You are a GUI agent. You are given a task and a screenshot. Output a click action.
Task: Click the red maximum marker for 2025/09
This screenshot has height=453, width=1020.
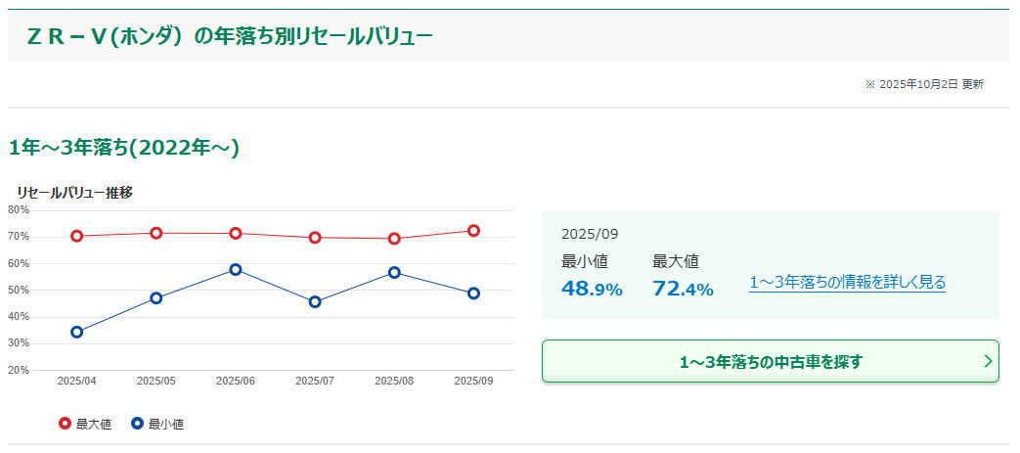click(473, 231)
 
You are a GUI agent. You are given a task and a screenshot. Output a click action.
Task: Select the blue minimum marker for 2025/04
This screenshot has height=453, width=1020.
click(77, 332)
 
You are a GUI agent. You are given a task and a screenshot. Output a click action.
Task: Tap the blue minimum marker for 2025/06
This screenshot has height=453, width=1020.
click(236, 269)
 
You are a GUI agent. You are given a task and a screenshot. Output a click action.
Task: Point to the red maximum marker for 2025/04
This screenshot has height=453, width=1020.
click(77, 236)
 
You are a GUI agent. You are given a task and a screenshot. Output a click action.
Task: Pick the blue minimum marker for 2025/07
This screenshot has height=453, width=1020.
click(315, 302)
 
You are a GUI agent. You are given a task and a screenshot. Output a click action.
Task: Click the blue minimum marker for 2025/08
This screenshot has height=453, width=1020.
click(394, 272)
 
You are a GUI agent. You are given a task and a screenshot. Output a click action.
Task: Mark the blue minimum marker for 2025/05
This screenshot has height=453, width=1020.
click(156, 297)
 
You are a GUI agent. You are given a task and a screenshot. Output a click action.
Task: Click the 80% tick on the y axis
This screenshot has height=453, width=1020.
click(19, 209)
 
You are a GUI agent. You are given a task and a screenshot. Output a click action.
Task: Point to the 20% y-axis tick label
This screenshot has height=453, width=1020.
click(19, 370)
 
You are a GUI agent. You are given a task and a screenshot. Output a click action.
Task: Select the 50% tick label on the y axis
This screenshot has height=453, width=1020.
click(19, 290)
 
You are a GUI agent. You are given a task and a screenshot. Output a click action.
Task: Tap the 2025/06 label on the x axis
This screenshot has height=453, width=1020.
click(236, 381)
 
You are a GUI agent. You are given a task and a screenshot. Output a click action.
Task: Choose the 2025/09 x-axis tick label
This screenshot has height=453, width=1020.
click(473, 381)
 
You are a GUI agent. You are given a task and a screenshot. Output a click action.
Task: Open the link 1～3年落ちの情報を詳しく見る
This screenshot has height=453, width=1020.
click(847, 283)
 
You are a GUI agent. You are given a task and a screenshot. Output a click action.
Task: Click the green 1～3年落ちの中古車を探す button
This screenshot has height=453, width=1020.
click(771, 361)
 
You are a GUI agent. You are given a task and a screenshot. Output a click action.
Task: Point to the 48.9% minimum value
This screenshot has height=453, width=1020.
click(592, 289)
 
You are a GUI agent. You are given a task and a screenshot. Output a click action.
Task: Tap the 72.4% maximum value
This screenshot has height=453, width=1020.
click(683, 289)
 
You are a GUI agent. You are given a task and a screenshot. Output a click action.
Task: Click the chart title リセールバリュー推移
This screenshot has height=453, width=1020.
click(74, 193)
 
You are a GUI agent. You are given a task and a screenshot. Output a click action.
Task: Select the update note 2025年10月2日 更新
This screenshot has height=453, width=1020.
click(924, 84)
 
